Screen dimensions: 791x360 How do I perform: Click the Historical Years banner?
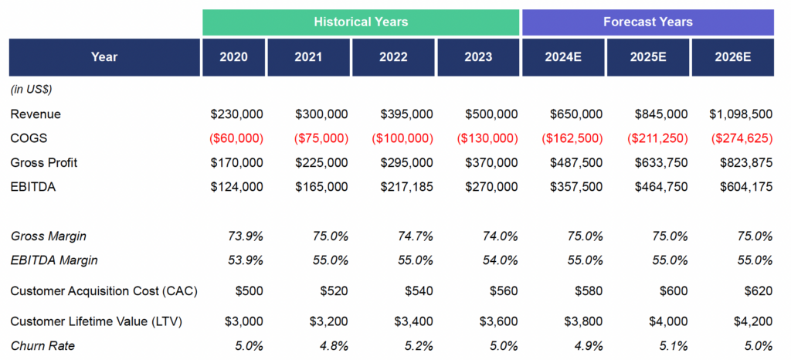click(361, 22)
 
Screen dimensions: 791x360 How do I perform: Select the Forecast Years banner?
click(648, 22)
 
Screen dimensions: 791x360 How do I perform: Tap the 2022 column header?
click(393, 57)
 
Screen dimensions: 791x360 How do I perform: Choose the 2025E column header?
click(648, 57)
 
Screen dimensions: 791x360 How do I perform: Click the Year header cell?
click(104, 57)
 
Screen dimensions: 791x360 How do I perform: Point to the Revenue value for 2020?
click(236, 114)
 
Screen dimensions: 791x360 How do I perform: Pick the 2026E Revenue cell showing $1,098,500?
click(741, 114)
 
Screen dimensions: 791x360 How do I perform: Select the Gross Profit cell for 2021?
click(321, 163)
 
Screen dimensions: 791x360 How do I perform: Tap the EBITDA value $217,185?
click(406, 187)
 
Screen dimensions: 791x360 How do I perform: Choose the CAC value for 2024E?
click(588, 291)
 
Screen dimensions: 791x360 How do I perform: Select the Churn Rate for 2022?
click(419, 346)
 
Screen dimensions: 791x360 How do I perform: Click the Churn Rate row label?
click(43, 346)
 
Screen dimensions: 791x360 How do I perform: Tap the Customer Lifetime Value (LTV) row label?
click(95, 321)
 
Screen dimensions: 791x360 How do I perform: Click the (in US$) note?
click(31, 90)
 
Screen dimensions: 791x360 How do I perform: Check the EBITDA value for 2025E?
click(661, 187)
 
